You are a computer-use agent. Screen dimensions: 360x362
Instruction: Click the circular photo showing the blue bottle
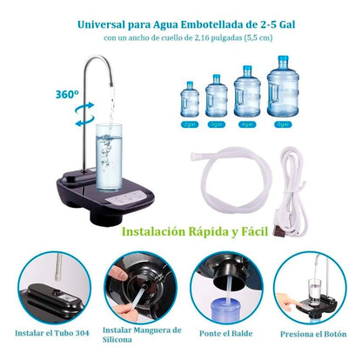pyautogui.click(x=229, y=288)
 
